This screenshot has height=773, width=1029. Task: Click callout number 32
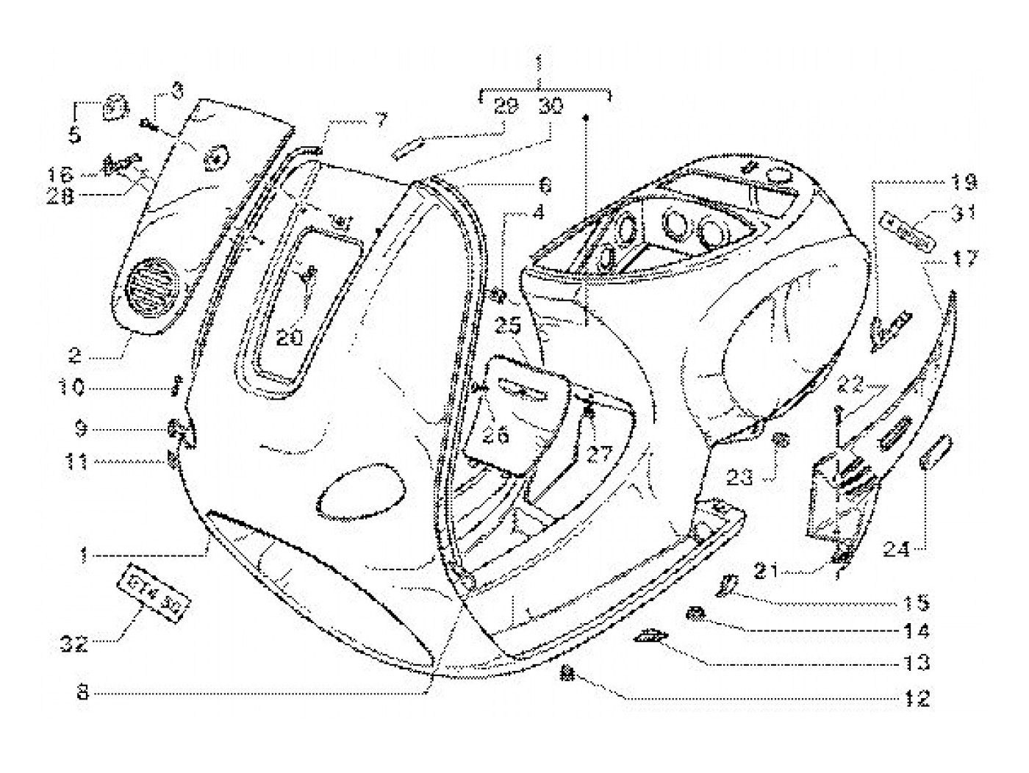click(75, 644)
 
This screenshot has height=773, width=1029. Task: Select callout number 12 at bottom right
click(917, 698)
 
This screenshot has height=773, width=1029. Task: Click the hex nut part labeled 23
click(782, 441)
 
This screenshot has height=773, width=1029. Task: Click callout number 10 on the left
click(71, 387)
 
